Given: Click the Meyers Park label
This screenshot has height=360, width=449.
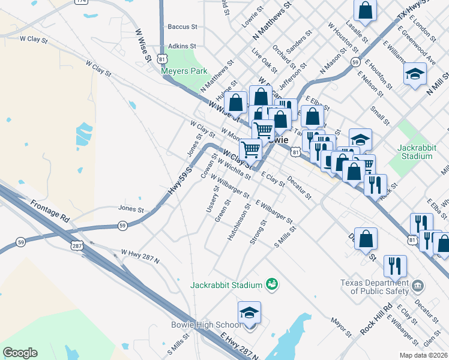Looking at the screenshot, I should coord(184,71).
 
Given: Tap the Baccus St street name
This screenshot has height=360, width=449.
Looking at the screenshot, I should coord(182,27).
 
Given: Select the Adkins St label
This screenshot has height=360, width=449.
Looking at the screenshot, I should coord(182,46).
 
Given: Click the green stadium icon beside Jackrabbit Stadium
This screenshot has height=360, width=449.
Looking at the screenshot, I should coord(272,283).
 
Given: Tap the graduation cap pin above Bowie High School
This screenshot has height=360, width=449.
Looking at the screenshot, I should coord(249,313).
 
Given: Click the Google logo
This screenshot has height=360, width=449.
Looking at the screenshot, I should coord(20,353).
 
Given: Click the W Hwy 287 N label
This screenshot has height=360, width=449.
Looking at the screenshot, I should coord(140,256).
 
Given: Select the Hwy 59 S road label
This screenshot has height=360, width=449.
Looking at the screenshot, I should coord(179,180).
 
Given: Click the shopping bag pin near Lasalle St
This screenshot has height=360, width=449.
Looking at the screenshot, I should coord(366,10).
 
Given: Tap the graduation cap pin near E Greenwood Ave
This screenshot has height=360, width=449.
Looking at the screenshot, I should coord(415,74).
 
